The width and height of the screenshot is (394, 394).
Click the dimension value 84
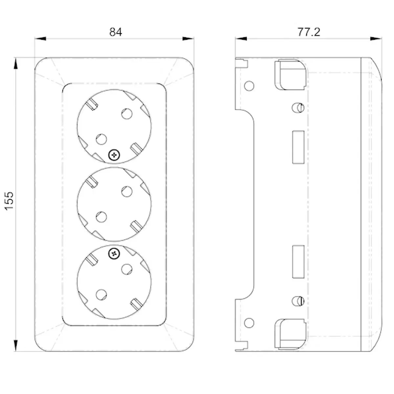(x=116, y=32)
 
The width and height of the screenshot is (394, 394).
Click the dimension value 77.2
(x=309, y=32)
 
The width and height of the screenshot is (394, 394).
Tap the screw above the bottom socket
(x=114, y=254)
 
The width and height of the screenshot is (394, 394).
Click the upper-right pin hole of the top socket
(x=127, y=114)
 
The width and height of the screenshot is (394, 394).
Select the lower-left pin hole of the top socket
(x=101, y=139)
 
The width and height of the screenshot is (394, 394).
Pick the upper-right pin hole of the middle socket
(x=127, y=191)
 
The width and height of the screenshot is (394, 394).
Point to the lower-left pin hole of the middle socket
(x=101, y=217)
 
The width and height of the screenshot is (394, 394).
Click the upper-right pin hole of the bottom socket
(x=127, y=269)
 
